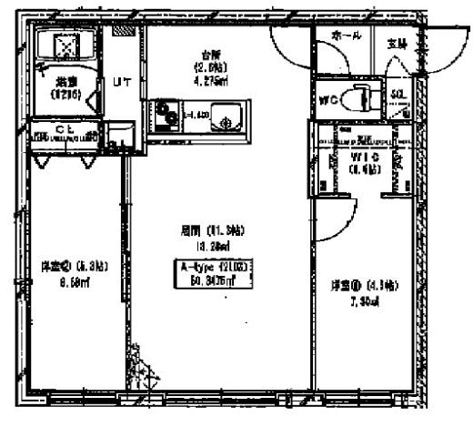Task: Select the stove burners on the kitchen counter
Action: (x=167, y=115)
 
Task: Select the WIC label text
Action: (x=364, y=156)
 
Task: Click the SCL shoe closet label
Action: (x=398, y=94)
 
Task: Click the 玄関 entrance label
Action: (x=398, y=42)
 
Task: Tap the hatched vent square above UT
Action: (x=121, y=31)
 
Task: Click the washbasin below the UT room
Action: (x=117, y=141)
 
